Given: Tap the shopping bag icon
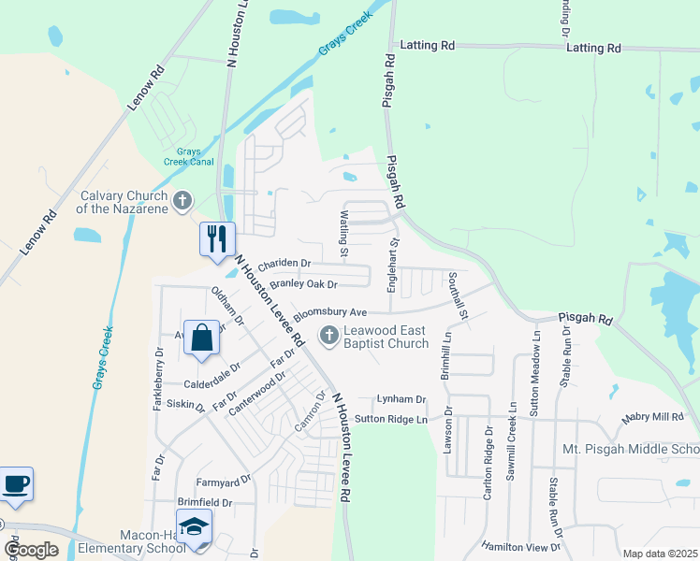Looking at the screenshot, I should pyautogui.click(x=202, y=338).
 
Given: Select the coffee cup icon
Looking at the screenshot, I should pyautogui.click(x=16, y=483).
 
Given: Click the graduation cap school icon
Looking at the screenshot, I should pyautogui.click(x=194, y=528).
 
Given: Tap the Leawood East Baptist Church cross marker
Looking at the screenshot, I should pyautogui.click(x=328, y=335).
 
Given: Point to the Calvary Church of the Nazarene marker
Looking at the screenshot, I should pyautogui.click(x=182, y=200).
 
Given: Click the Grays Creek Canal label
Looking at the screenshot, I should pyautogui.click(x=189, y=156).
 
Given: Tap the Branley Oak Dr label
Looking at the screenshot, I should pyautogui.click(x=302, y=283).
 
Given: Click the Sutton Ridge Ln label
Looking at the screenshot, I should pyautogui.click(x=390, y=420).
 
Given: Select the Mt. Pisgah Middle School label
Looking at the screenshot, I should pyautogui.click(x=631, y=450).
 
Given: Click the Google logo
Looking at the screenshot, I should pyautogui.click(x=31, y=550).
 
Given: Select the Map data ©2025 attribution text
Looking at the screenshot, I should pyautogui.click(x=660, y=554).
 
